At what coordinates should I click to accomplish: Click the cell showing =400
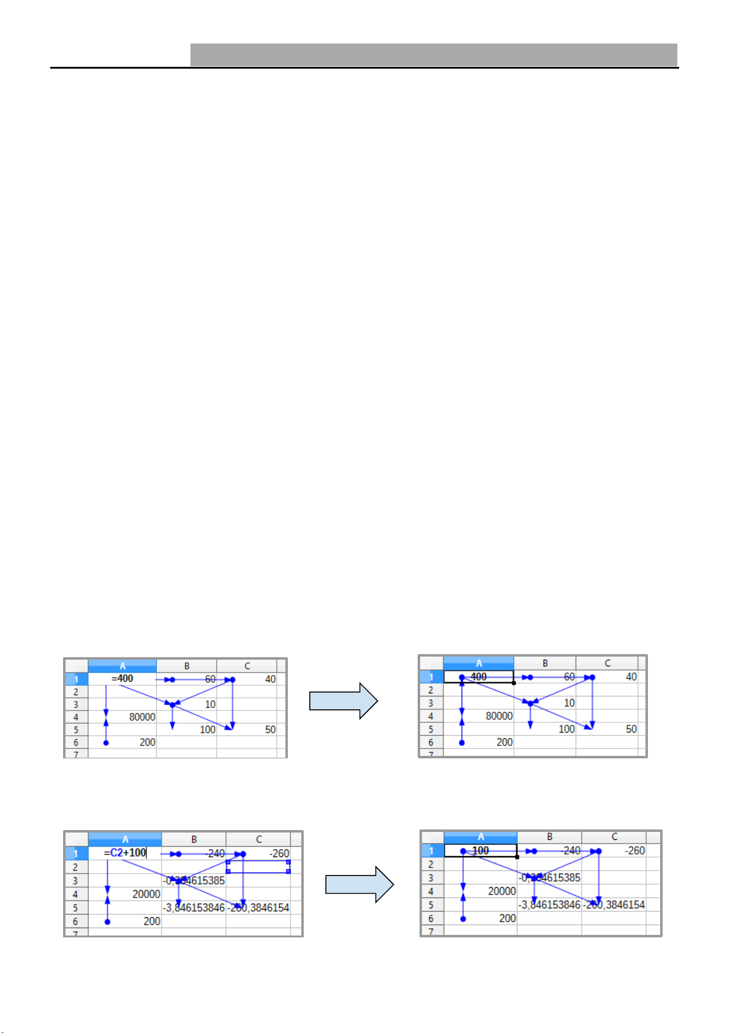[122, 679]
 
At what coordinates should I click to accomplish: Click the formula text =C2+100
[125, 853]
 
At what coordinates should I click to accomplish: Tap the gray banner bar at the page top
[434, 55]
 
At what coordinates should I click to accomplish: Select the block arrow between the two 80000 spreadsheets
[343, 701]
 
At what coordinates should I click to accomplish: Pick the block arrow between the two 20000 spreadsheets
[359, 885]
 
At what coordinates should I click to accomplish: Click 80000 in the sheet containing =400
[142, 717]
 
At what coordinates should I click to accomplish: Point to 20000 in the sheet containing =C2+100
[146, 894]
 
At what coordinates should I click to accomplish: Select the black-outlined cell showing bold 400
[479, 677]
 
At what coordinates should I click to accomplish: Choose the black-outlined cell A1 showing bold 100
[481, 851]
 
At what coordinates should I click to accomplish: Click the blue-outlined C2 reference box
[258, 866]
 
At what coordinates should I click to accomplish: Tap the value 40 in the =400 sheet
[270, 679]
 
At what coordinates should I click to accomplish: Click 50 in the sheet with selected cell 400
[631, 729]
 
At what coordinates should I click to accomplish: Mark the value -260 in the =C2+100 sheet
[279, 853]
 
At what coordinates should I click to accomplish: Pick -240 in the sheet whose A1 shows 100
[571, 851]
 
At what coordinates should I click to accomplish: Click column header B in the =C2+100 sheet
[194, 839]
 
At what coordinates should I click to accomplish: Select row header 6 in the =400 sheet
[76, 742]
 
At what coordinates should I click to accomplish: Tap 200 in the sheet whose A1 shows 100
[508, 918]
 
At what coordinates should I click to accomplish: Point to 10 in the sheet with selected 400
[570, 703]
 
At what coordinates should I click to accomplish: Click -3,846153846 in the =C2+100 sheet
[194, 907]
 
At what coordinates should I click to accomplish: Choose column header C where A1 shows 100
[614, 836]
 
